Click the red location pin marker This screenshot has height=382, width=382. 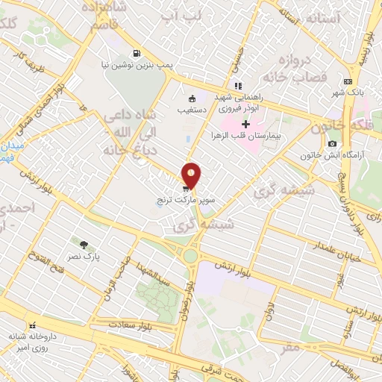pos(192,175)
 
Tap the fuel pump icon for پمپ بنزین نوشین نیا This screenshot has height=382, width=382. pos(136,53)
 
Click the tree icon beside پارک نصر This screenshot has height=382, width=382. pos(84,244)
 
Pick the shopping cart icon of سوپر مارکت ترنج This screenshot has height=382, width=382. pos(184,190)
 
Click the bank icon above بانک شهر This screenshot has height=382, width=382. pos(348,81)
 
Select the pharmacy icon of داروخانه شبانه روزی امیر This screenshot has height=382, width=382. pos(32,326)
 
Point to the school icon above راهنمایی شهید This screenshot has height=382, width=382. pos(238,85)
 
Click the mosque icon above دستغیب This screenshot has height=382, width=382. pos(192,98)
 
